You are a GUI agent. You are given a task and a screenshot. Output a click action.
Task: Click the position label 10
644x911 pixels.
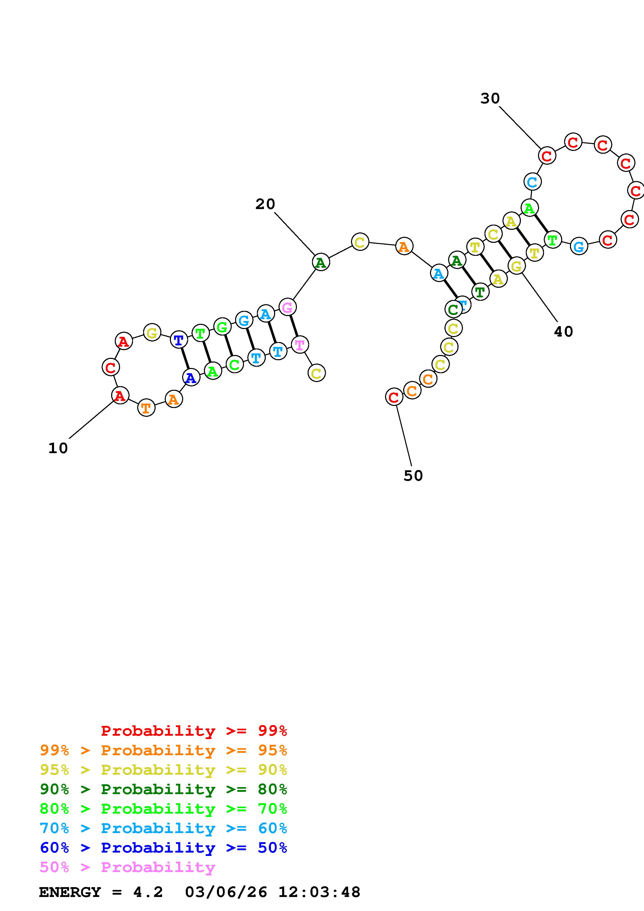tap(58, 448)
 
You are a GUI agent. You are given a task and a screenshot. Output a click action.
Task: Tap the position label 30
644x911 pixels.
tap(490, 98)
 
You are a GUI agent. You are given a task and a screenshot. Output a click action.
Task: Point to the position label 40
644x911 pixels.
tap(563, 332)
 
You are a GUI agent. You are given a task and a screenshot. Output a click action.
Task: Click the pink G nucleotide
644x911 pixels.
tap(287, 307)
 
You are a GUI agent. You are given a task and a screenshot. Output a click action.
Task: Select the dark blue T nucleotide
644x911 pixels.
tap(178, 340)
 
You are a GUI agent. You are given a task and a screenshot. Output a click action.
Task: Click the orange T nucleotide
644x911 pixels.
tap(146, 408)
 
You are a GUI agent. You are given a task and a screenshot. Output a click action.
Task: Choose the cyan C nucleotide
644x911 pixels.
tap(532, 182)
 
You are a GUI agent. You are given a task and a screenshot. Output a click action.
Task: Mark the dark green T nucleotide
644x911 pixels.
tap(480, 292)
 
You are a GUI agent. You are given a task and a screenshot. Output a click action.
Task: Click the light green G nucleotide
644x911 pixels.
tap(222, 327)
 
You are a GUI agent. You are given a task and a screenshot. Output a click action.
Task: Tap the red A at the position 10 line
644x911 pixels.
tap(120, 396)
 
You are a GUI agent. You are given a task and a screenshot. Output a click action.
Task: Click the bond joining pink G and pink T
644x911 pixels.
tap(294, 325)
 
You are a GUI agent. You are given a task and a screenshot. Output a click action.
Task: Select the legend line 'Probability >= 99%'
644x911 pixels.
tap(194, 731)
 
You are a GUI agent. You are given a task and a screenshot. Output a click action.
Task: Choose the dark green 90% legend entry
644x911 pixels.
tap(163, 789)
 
